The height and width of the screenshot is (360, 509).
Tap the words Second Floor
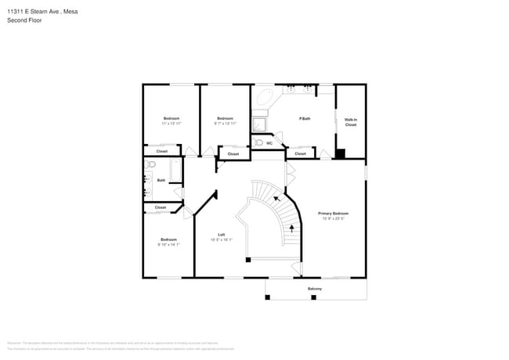pos(24,20)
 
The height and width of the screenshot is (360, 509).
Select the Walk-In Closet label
pos(350,122)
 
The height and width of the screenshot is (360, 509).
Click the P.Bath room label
pos(305,118)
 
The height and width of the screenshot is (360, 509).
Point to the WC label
pos(269,143)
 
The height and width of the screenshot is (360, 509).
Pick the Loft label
pos(222,236)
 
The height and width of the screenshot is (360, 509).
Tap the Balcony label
pos(314,289)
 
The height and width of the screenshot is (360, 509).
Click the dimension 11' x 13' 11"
pos(171,124)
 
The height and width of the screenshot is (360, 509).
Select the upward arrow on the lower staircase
pos(293,229)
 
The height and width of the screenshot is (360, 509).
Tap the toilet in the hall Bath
pos(152,165)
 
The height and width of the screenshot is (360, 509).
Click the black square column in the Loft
pos(247,259)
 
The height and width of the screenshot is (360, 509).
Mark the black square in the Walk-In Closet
pos(339,153)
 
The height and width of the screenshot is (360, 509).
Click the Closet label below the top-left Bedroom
pos(161,151)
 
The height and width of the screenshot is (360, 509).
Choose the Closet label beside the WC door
pos(301,153)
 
